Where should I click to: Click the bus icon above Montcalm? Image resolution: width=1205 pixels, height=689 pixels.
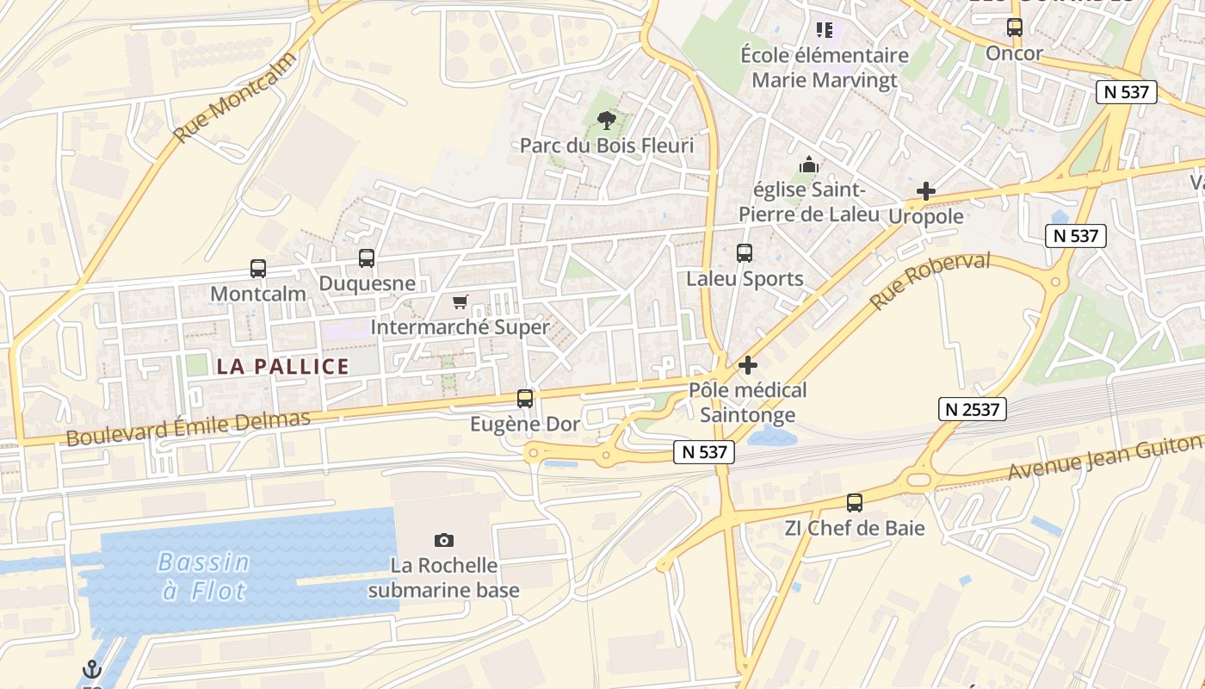coord(258,268)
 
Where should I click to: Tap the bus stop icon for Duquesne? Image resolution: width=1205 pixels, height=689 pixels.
coord(367,258)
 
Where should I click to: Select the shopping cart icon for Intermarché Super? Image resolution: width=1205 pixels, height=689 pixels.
coord(460,301)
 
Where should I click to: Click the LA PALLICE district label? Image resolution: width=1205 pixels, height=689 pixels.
coord(283,366)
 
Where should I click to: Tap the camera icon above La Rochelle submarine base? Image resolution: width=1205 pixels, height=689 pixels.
coord(444,540)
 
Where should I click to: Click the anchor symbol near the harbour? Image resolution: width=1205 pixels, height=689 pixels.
coord(91,669)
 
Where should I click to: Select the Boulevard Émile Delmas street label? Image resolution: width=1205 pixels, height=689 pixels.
coord(188,428)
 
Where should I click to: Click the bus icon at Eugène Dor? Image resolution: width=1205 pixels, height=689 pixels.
coord(525,398)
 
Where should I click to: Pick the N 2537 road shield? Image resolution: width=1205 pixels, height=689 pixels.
coord(972,409)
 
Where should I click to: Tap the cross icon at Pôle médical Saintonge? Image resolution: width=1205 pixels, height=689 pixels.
coord(748,365)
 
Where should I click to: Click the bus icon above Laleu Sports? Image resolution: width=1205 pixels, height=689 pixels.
coord(745,253)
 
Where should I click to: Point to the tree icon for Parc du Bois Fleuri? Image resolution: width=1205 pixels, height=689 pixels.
coord(607,120)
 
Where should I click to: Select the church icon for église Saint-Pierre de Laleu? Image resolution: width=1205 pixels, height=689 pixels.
coord(809,164)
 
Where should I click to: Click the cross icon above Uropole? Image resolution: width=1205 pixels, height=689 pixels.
coord(926,191)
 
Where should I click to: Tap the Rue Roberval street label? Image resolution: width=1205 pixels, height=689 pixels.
coord(930,281)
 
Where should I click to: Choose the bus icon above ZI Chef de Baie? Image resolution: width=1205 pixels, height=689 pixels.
coord(855,502)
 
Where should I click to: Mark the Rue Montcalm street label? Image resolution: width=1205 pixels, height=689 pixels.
coord(235,97)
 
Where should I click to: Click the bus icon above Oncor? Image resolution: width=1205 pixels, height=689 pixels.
coord(1015,28)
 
